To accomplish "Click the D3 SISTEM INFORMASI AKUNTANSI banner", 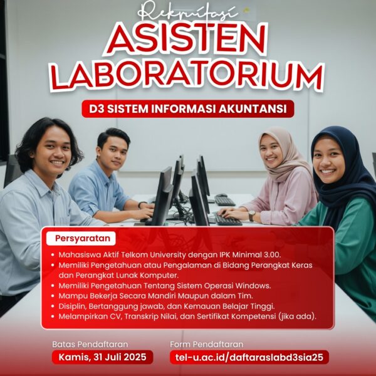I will pos(187,108).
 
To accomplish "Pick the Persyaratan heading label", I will pos(80,239).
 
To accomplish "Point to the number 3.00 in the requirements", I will pos(268,256).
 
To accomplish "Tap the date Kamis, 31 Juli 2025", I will pos(102,357).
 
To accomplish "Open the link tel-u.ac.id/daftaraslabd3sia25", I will pos(249,357).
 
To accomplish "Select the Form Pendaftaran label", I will pos(206,344).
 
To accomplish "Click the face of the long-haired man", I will pos(52,154).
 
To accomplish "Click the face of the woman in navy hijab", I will pos(328,160).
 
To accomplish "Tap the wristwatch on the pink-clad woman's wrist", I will pos(251,215).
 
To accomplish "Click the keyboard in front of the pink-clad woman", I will pos(228,220).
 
